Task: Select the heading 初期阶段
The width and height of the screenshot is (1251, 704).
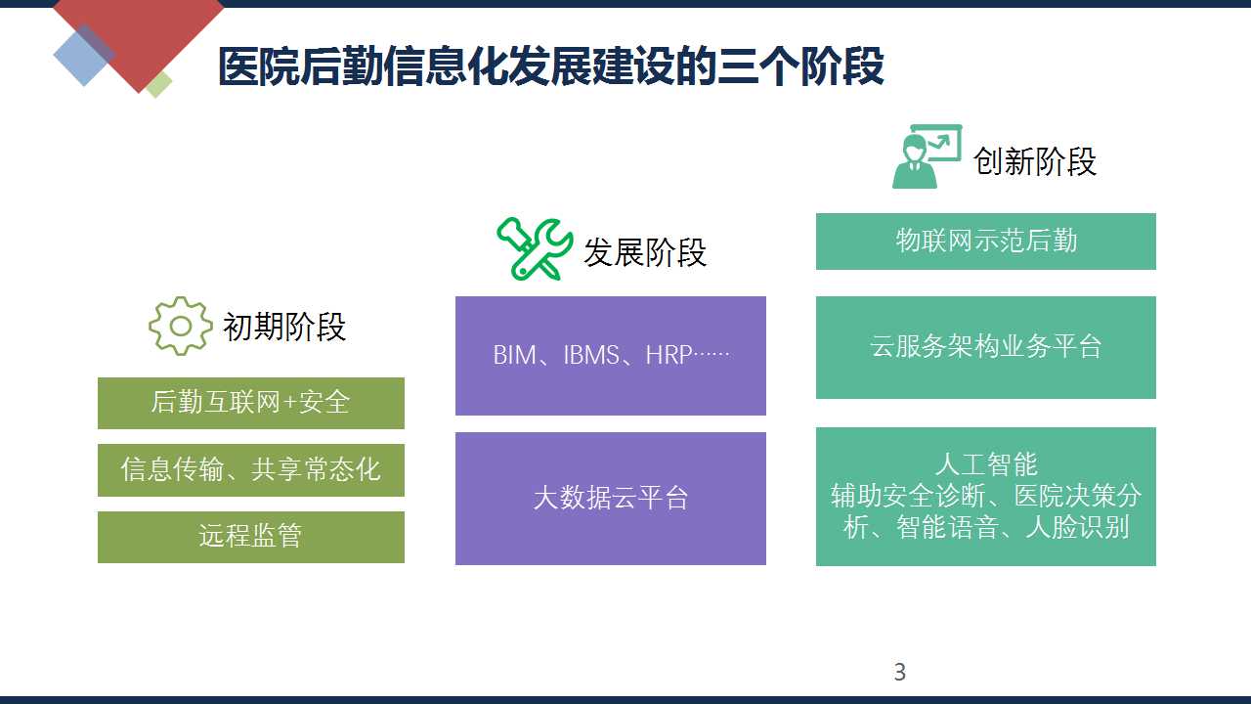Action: click(284, 327)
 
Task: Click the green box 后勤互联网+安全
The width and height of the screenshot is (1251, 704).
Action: click(251, 403)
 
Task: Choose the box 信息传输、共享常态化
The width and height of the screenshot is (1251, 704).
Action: click(251, 470)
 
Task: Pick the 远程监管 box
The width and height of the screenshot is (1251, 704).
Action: click(251, 537)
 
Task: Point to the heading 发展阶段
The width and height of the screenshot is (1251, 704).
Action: click(645, 252)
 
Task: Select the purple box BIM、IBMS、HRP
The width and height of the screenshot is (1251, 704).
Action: click(611, 356)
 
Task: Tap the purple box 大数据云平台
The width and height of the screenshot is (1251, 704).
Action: click(611, 499)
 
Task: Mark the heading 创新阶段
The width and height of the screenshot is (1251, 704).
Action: click(1035, 161)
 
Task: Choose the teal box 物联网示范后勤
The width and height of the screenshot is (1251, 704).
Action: click(986, 242)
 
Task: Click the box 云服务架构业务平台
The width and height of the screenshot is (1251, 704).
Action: click(986, 347)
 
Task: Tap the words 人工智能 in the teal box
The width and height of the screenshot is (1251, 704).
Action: click(986, 464)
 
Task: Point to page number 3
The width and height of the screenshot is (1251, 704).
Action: click(900, 672)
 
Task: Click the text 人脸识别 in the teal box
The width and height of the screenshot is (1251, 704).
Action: click(1078, 527)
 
